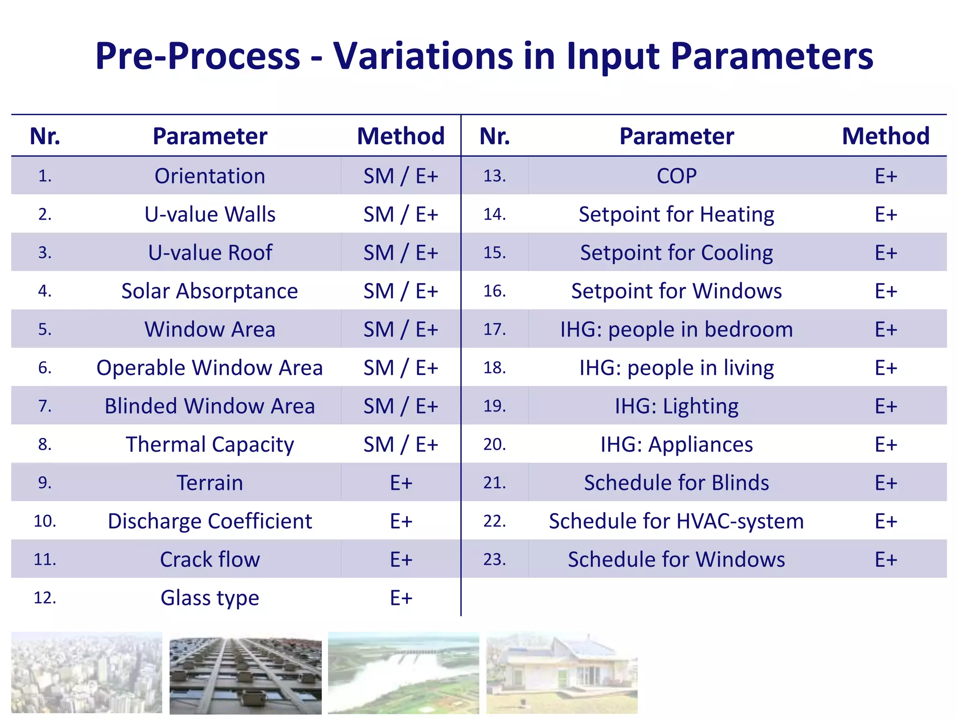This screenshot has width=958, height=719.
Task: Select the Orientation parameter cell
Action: pos(210,176)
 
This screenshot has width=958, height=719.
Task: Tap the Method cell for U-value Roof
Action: pos(401,253)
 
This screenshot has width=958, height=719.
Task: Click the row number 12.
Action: pos(45,598)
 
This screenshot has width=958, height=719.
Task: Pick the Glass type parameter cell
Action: pos(210,598)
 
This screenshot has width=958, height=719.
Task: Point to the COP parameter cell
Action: pos(676,176)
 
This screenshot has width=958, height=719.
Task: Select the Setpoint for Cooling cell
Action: pos(676,253)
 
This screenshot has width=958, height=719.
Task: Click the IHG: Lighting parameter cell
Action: pos(676,406)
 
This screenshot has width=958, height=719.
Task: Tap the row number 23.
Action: pos(495,559)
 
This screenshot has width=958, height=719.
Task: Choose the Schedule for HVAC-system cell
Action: pos(676,521)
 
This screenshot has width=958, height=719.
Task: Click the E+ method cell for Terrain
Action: pos(401,483)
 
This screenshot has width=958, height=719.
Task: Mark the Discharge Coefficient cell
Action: pos(210,521)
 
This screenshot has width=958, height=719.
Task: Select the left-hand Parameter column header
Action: pos(210,136)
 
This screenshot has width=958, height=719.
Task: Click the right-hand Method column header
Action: pos(885,136)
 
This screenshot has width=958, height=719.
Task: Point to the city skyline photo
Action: pos(87,672)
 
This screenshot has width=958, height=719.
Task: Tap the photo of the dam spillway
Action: pos(403,672)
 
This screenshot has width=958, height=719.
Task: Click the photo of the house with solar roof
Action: pos(561,672)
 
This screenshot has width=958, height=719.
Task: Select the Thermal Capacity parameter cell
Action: pos(210,444)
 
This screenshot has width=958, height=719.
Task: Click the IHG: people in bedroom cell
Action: pos(676,330)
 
